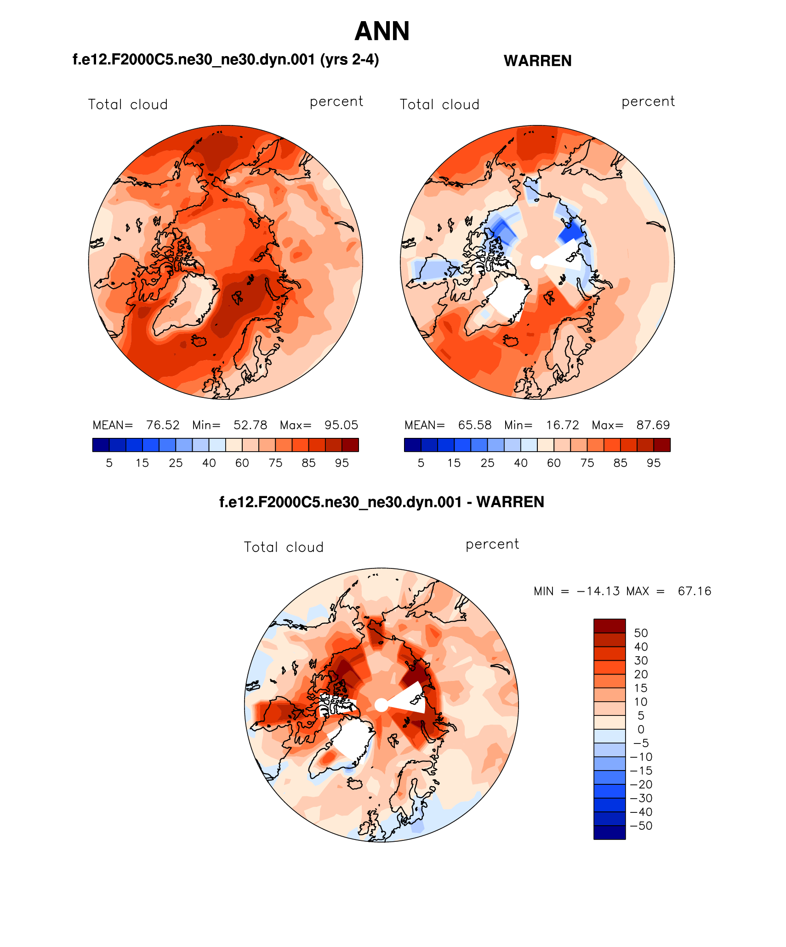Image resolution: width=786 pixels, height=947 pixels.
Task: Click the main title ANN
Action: [382, 31]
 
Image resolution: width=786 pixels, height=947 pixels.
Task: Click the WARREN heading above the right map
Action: [537, 61]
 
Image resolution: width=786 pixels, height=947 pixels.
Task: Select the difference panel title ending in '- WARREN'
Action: [382, 502]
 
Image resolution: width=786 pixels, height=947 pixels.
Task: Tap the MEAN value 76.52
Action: [163, 425]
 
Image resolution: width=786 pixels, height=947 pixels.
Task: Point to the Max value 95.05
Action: [341, 425]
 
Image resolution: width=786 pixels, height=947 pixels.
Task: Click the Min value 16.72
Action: [562, 425]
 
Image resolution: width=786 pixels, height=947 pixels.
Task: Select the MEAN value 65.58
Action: [474, 425]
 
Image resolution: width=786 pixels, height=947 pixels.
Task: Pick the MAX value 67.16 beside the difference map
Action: [694, 591]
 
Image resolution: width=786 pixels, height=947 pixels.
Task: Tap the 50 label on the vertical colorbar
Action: [641, 633]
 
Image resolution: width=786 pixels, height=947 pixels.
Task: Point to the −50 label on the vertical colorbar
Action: [642, 826]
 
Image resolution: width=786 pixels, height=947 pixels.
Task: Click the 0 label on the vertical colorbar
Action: [641, 729]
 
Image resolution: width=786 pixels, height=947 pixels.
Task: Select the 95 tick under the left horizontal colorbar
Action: [342, 463]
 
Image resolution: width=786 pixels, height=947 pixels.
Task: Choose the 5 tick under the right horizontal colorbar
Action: [421, 463]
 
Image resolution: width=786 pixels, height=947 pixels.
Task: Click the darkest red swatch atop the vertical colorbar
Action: [609, 626]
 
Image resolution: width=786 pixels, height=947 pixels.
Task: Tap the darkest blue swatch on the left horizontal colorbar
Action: [101, 445]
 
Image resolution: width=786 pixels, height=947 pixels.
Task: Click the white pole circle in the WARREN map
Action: [537, 262]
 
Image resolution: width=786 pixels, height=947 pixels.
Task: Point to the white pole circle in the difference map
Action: [381, 705]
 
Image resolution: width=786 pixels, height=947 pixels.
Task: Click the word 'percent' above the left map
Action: [336, 102]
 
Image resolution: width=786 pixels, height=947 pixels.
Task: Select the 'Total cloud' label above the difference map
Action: [284, 547]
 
